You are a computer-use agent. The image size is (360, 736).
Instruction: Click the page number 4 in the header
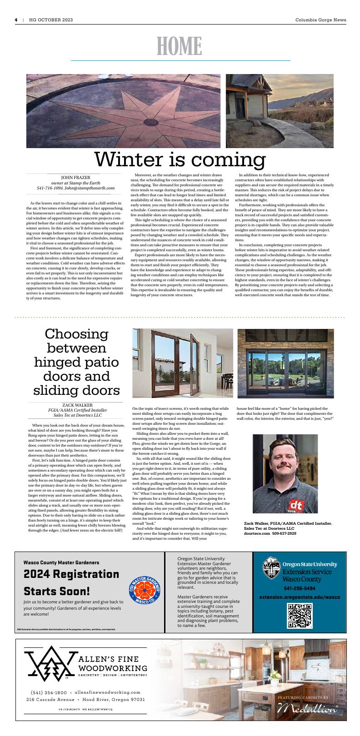pos(16,20)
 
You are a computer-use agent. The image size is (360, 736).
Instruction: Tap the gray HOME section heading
pos(180,46)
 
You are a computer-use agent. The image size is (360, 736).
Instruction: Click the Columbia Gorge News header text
pos(320,20)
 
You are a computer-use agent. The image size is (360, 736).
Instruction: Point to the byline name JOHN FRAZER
pos(75,177)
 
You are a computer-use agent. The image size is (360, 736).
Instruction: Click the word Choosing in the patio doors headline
pos(77,334)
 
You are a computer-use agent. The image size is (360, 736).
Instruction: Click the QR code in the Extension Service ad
pos(300,616)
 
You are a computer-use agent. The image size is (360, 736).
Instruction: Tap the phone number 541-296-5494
pos(300,588)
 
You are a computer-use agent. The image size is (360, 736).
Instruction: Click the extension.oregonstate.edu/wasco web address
pos(300,597)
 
